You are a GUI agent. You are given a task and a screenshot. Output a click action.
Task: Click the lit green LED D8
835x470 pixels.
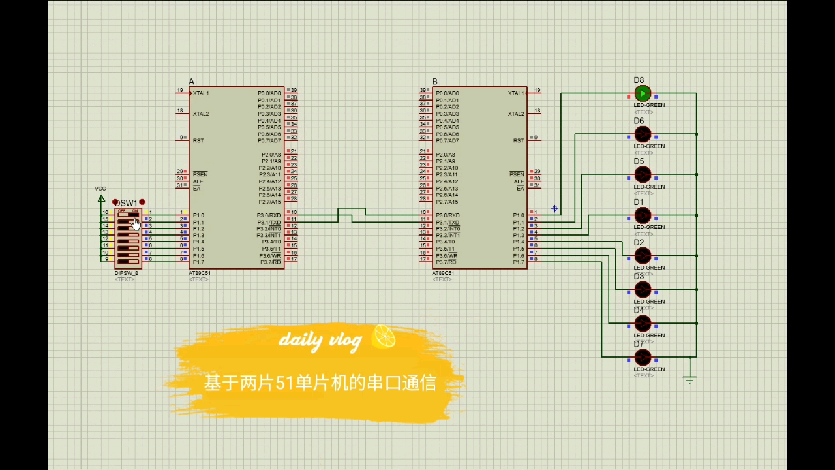[643, 94]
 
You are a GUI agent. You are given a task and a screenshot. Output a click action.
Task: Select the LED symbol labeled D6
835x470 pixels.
[643, 134]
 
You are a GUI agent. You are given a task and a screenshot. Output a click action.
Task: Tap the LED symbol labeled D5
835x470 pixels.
[643, 175]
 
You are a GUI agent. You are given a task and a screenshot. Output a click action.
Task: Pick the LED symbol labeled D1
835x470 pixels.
[643, 215]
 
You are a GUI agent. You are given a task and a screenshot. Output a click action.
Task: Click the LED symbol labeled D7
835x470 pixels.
[643, 357]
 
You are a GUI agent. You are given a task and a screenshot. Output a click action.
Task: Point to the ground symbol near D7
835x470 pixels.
[690, 379]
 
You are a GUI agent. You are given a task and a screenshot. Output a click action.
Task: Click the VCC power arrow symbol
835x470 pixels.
[101, 198]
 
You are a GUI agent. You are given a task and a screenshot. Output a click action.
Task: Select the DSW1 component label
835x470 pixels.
[127, 203]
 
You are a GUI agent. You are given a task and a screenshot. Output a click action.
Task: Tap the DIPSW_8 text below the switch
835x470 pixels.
[126, 273]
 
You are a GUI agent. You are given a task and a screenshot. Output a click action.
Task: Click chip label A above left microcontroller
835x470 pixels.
[191, 82]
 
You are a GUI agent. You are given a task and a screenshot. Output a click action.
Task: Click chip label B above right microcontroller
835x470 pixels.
[434, 82]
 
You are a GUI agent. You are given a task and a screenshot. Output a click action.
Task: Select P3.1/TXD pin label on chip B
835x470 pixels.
[448, 223]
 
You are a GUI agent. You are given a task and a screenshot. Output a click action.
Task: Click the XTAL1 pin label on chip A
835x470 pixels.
[201, 93]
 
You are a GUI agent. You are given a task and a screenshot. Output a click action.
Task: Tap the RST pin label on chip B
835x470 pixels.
[518, 140]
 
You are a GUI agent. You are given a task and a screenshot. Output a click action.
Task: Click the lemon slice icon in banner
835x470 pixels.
[384, 337]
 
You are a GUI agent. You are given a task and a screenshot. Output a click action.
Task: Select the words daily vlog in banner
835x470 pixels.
[320, 339]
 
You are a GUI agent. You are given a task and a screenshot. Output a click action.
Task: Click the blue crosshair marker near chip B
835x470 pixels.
[554, 209]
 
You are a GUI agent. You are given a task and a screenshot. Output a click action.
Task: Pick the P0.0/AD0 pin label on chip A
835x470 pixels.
[269, 93]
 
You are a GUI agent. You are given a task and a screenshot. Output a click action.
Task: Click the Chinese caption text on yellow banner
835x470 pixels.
[320, 383]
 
